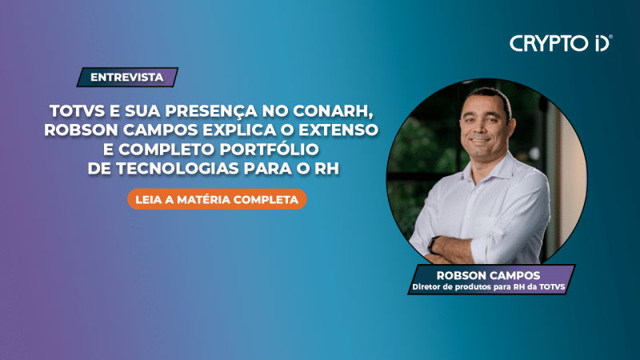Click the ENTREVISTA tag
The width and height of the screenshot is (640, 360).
click(127, 78)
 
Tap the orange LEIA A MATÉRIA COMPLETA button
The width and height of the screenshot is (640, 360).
click(217, 198)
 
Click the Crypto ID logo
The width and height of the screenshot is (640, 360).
click(560, 43)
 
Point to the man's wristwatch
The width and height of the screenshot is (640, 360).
click(434, 243)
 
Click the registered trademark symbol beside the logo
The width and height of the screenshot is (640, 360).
click(611, 37)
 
